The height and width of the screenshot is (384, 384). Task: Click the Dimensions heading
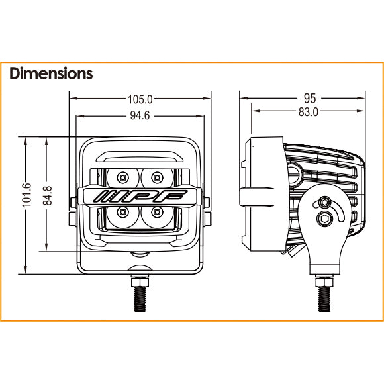[51, 73]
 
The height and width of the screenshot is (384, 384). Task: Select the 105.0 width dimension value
[140, 99]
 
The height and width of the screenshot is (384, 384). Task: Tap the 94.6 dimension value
[140, 116]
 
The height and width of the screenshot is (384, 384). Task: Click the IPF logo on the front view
[139, 196]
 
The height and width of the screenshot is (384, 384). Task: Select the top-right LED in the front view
[157, 177]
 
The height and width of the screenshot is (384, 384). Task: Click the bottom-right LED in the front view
[157, 213]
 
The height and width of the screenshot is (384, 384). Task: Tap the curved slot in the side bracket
[338, 212]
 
